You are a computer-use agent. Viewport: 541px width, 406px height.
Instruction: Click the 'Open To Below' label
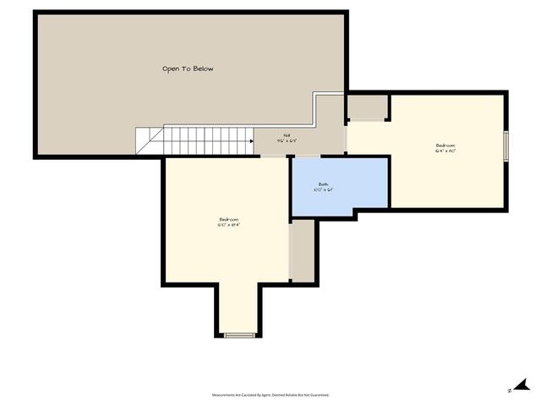[x=187, y=69]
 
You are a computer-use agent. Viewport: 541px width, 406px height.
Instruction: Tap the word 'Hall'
[x=287, y=135]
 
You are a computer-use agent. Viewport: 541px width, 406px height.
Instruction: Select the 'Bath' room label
[x=323, y=184]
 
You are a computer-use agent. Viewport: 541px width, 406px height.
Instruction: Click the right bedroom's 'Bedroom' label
[x=445, y=145]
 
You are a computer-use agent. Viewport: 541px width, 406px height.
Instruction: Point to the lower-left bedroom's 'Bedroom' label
[x=228, y=219]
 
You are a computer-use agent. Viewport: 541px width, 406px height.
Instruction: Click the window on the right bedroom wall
[x=505, y=145]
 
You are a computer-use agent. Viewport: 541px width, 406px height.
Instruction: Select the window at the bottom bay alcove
[x=239, y=336]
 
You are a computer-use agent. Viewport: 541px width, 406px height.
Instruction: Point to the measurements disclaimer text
[x=270, y=395]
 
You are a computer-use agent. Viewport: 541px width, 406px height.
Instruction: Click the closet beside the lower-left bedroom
[x=303, y=251]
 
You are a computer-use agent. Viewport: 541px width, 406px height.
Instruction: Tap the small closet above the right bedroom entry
[x=368, y=107]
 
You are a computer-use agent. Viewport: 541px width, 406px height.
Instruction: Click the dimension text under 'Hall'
[x=287, y=141]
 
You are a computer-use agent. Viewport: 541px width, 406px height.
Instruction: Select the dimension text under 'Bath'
[x=323, y=190]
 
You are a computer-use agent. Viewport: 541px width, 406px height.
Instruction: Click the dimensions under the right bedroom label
[x=445, y=151]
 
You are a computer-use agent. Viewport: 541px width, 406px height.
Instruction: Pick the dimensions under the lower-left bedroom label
[x=228, y=225]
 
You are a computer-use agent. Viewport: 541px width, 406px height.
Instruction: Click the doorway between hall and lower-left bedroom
[x=272, y=156]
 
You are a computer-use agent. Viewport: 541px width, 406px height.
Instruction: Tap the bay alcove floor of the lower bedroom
[x=239, y=309]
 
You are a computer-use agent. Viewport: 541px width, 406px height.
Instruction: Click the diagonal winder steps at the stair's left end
[x=149, y=140]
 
